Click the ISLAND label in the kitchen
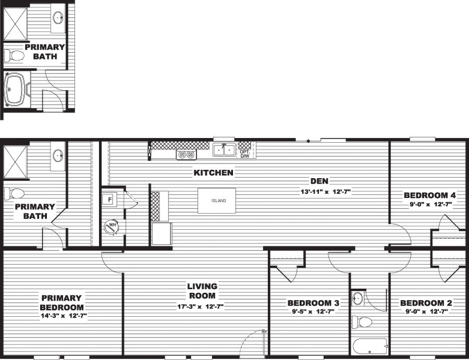tap(218, 201)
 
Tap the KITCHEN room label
tap(214, 172)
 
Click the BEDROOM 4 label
tap(430, 195)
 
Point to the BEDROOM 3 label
tap(314, 303)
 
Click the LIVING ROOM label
tap(203, 291)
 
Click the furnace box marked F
tap(110, 199)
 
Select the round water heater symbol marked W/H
tap(111, 227)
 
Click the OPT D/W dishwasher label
tap(244, 154)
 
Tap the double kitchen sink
tap(225, 150)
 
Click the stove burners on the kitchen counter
tap(186, 155)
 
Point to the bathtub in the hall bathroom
tap(369, 345)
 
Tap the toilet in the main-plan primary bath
tap(14, 194)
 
